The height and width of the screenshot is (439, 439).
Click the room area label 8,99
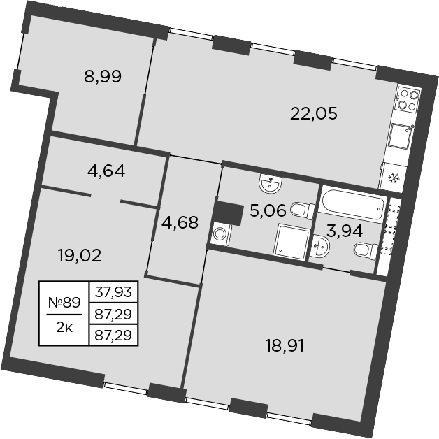[103, 77]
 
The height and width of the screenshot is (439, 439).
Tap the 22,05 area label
[314, 113]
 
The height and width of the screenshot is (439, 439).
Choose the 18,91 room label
[285, 345]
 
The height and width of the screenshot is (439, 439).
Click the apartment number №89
[64, 303]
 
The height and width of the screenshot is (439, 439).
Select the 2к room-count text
[64, 326]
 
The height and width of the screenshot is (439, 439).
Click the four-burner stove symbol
[408, 99]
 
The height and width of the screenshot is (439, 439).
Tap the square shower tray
[292, 242]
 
